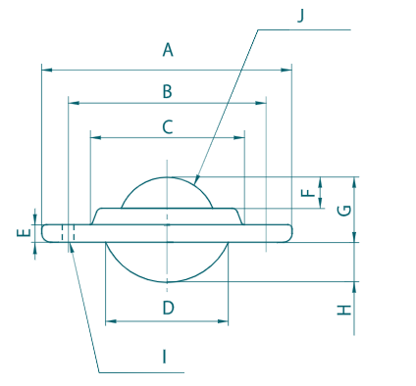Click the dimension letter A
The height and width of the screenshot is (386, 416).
[x=168, y=50]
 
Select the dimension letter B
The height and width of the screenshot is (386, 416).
[x=168, y=91]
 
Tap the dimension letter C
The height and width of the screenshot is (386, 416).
[x=168, y=127]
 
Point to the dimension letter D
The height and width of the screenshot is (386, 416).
[x=168, y=308]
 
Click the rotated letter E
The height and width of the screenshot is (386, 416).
[x=24, y=232]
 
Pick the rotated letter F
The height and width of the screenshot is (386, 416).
[x=307, y=193]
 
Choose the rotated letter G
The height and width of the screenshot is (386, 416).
[x=344, y=211]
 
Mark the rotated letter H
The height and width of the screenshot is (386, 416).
[x=344, y=310]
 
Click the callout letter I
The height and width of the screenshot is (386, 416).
[x=165, y=357]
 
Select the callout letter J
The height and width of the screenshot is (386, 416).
[x=301, y=16]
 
